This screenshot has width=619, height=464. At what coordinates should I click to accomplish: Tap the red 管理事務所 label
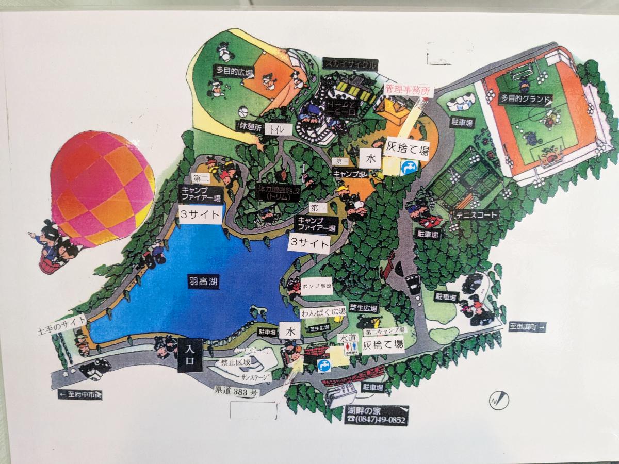pyautogui.click(x=408, y=89)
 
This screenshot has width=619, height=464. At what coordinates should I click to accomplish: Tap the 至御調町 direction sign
pyautogui.click(x=527, y=326)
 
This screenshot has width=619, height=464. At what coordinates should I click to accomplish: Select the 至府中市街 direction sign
pyautogui.click(x=80, y=395)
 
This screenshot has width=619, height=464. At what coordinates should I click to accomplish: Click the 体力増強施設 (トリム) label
pyautogui.click(x=279, y=193)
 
